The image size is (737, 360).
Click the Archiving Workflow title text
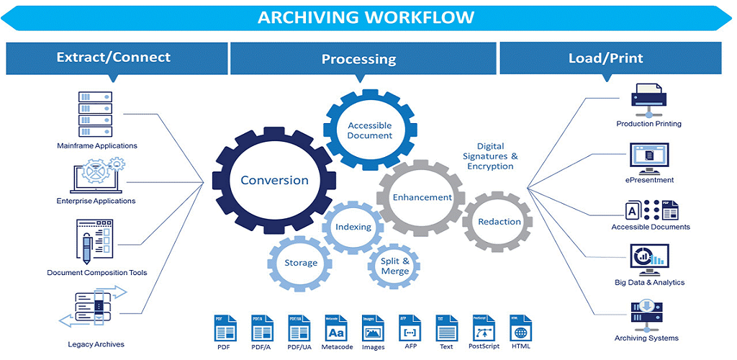coord(366,17)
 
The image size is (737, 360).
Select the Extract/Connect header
coord(114,58)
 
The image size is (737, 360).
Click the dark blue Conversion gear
coord(274,180)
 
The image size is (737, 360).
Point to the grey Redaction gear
coord(499,222)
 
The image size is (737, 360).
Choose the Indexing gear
coord(353,227)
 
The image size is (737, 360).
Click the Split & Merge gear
coord(395,266)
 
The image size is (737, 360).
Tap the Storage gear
coord(301,263)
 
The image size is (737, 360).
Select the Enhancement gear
coord(422,197)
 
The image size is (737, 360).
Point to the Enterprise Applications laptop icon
coord(96,177)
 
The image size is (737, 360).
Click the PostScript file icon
coord(484,329)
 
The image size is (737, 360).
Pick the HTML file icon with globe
coord(521,329)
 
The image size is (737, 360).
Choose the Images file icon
coord(373,329)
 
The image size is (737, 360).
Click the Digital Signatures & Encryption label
coord(490,156)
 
